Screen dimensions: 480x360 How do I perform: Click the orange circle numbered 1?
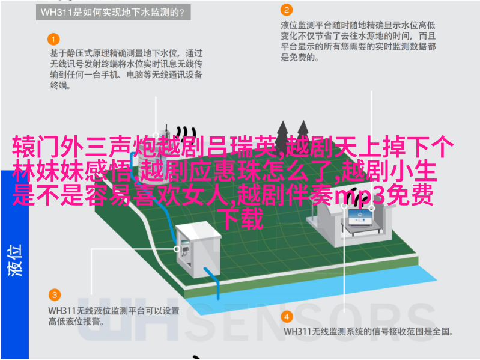[x=53, y=40]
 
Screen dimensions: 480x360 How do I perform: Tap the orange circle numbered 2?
[x=287, y=10]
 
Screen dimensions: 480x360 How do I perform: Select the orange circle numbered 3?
[x=55, y=295]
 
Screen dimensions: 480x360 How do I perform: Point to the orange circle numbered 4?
[x=287, y=317]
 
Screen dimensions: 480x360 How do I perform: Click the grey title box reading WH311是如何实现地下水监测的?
[x=114, y=12]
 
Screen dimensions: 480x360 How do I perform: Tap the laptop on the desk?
[x=360, y=218]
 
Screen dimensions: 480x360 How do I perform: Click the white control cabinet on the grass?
[x=198, y=249]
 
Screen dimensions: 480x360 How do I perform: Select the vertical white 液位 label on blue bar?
[x=14, y=260]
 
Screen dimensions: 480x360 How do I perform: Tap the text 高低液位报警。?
[x=76, y=322]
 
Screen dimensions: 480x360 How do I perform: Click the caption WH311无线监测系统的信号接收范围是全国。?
[x=368, y=332]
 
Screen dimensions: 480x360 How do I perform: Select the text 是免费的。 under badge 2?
[x=300, y=57]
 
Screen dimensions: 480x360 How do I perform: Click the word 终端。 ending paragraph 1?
[x=61, y=85]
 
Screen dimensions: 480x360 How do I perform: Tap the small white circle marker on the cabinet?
[x=177, y=249]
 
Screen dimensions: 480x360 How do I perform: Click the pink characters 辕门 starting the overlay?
[x=36, y=147]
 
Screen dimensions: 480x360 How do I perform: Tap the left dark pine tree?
[x=282, y=133]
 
